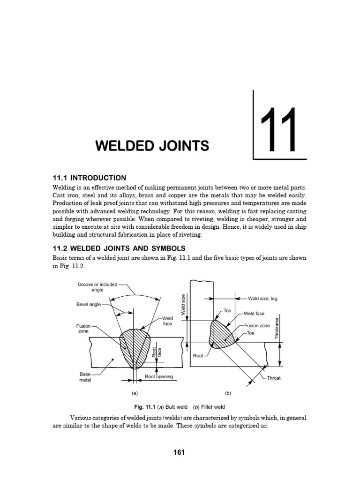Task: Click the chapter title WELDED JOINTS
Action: point(152,146)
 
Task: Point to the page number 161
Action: point(180,452)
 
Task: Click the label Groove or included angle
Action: point(97,287)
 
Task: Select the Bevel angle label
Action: point(89,304)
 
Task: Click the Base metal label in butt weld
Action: point(85,377)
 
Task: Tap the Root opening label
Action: point(159,376)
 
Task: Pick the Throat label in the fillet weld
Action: point(274,378)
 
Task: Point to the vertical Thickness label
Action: point(277,328)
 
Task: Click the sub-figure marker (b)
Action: point(228,393)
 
